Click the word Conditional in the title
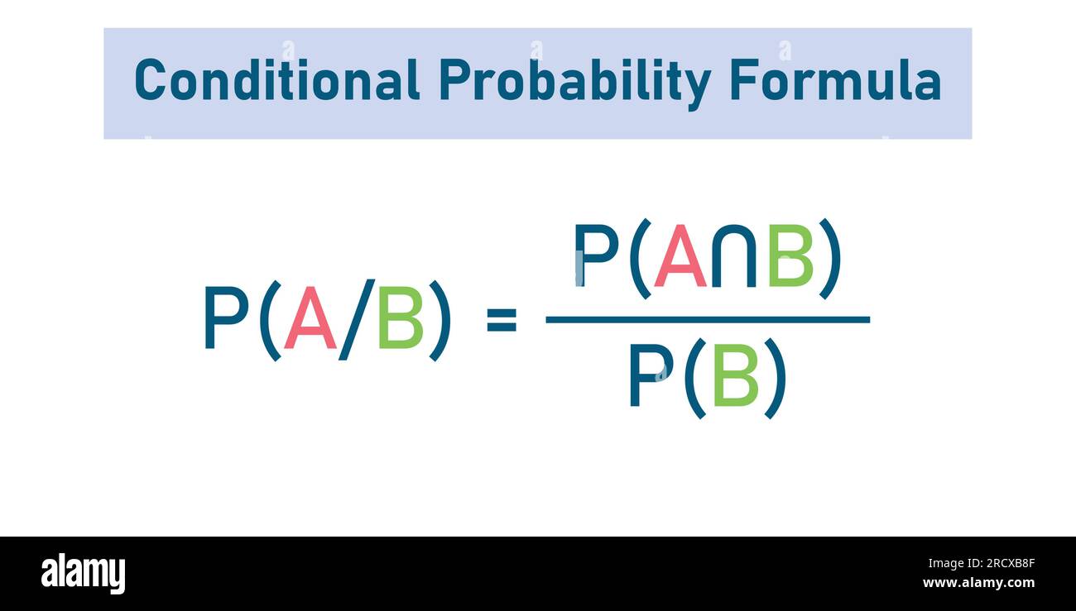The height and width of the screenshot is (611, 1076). [277, 81]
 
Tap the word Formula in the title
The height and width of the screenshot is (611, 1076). [835, 81]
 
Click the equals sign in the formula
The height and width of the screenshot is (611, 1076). [502, 320]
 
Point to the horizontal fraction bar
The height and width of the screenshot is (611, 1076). [708, 319]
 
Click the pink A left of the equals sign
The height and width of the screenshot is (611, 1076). [310, 320]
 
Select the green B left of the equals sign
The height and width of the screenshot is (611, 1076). [401, 320]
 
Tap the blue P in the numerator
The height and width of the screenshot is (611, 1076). [596, 256]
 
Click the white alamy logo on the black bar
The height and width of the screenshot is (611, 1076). [83, 574]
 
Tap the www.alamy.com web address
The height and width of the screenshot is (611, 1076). [978, 583]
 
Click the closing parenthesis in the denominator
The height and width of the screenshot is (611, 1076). [775, 378]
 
